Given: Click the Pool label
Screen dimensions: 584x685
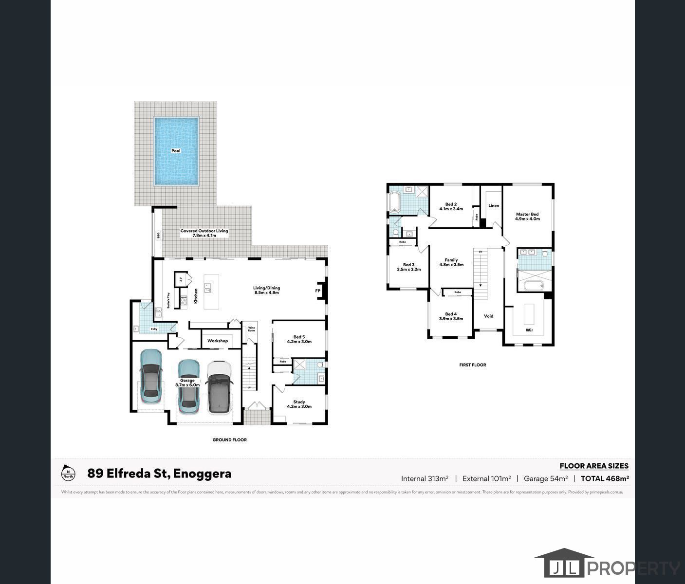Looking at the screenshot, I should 176,151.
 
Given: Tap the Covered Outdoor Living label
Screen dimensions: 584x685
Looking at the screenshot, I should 204,233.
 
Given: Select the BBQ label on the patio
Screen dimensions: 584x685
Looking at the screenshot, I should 158,235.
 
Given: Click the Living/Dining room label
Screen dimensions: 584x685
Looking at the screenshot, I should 266,290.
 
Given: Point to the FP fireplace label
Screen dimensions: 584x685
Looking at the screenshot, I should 317,291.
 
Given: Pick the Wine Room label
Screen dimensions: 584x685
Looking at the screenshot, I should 251,329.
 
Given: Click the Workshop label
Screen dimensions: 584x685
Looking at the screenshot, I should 218,341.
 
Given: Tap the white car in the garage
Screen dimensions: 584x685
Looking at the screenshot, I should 219,387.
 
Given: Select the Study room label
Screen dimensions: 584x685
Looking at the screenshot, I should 299,404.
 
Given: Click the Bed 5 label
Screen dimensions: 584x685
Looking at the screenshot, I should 299,339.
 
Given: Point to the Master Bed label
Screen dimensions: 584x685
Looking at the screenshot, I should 527,216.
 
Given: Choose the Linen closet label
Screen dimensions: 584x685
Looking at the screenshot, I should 494,205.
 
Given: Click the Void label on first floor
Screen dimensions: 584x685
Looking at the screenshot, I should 488,316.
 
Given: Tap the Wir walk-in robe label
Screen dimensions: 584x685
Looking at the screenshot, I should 529,330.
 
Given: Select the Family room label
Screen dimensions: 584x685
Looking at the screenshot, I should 451,262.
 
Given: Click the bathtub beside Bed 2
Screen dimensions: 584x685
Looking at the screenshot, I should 394,202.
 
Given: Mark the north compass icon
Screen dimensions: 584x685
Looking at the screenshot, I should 68,473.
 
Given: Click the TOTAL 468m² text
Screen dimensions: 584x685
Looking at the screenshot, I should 605,478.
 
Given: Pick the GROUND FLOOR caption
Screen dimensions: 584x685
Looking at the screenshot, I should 229,439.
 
